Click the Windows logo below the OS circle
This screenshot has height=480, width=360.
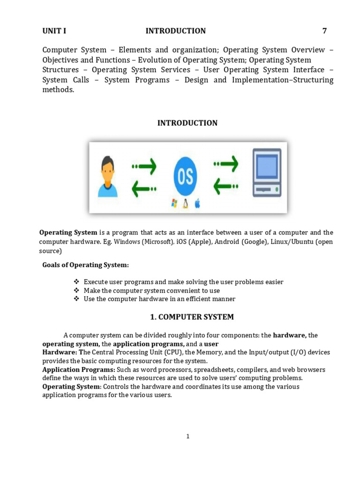point(174,203)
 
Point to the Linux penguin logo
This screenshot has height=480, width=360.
point(186,203)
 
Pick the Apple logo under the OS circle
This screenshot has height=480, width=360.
point(197,203)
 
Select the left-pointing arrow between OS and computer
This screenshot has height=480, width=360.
point(225,187)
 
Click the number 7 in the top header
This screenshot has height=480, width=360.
point(324,31)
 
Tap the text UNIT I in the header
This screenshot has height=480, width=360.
point(54,31)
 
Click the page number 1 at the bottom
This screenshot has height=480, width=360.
point(187,436)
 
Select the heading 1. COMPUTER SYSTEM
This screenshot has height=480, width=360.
point(192,317)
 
